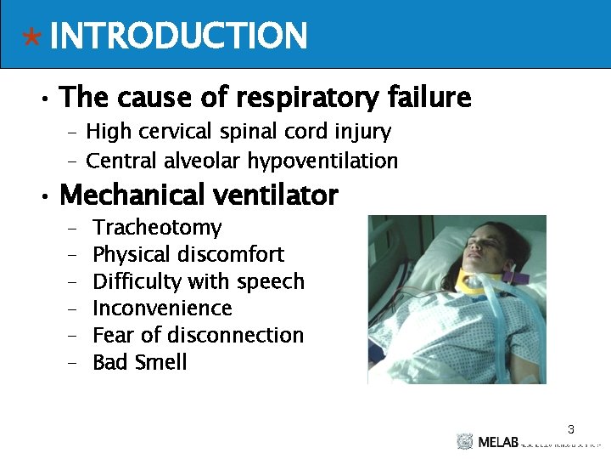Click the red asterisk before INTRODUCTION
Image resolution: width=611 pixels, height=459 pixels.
[31, 37]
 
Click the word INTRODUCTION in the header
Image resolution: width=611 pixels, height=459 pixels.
[178, 37]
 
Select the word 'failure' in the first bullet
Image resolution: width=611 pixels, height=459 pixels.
[429, 98]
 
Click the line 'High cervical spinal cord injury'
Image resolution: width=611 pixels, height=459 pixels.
[238, 132]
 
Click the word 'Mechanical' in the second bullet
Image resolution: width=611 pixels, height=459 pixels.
[128, 195]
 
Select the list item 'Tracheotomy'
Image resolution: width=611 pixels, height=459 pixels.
[157, 228]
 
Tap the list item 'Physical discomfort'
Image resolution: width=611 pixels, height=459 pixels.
[188, 254]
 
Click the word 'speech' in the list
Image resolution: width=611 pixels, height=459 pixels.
[270, 281]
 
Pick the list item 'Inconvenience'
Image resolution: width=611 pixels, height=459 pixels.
[162, 308]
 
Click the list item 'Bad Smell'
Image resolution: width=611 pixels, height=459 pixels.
[139, 362]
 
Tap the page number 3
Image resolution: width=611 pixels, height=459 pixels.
[571, 429]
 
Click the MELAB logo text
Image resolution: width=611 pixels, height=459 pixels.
[496, 442]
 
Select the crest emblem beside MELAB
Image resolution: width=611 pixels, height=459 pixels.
[464, 441]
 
